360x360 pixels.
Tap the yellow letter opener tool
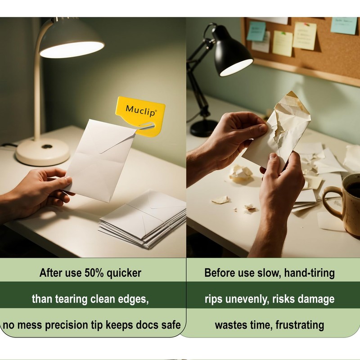[140, 117]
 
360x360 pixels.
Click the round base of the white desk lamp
[42, 152]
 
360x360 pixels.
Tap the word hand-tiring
[309, 273]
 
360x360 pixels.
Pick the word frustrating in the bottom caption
[300, 325]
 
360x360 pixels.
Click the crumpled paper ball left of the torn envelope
[241, 173]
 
